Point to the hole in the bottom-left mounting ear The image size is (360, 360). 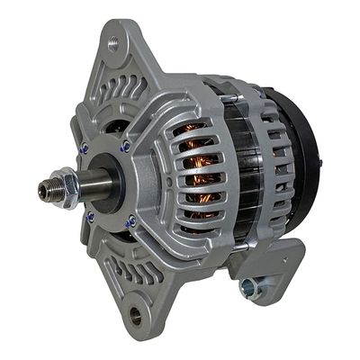point(136,315)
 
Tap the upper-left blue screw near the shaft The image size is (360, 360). point(85,149)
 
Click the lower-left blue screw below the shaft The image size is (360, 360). point(90,216)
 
